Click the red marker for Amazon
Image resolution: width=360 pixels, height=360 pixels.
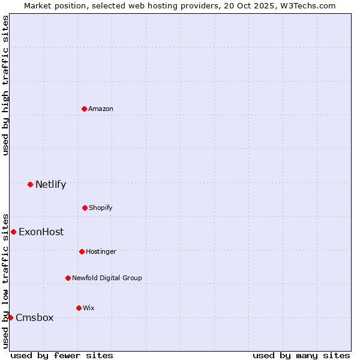tap(84, 109)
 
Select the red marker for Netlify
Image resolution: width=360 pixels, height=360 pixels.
tap(30, 184)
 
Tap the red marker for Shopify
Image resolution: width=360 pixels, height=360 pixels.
tap(85, 208)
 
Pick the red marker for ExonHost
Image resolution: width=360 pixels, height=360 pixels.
tap(13, 232)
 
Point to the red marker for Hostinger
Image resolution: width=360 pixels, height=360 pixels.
tap(82, 251)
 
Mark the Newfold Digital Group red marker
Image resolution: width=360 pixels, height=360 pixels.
tap(68, 278)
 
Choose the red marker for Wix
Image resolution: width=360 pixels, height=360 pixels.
tap(79, 308)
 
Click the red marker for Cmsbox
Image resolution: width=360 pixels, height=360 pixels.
tap(10, 317)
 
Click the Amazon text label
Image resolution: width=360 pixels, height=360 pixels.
tap(101, 109)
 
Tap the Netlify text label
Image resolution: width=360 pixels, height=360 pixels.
tap(50, 184)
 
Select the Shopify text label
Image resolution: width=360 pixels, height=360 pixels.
tap(101, 208)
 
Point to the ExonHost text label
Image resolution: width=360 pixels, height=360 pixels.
tap(41, 232)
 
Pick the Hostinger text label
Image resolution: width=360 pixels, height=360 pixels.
tap(101, 251)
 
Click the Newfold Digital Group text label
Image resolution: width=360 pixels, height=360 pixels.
tap(107, 278)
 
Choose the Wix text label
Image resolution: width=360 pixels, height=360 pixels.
tap(89, 308)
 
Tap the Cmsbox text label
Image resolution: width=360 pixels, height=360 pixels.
tap(34, 317)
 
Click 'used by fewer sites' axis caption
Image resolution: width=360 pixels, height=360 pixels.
tap(62, 355)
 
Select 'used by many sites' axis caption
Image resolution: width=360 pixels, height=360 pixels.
tap(301, 355)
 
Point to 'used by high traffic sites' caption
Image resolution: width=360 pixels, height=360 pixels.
tap(5, 85)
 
